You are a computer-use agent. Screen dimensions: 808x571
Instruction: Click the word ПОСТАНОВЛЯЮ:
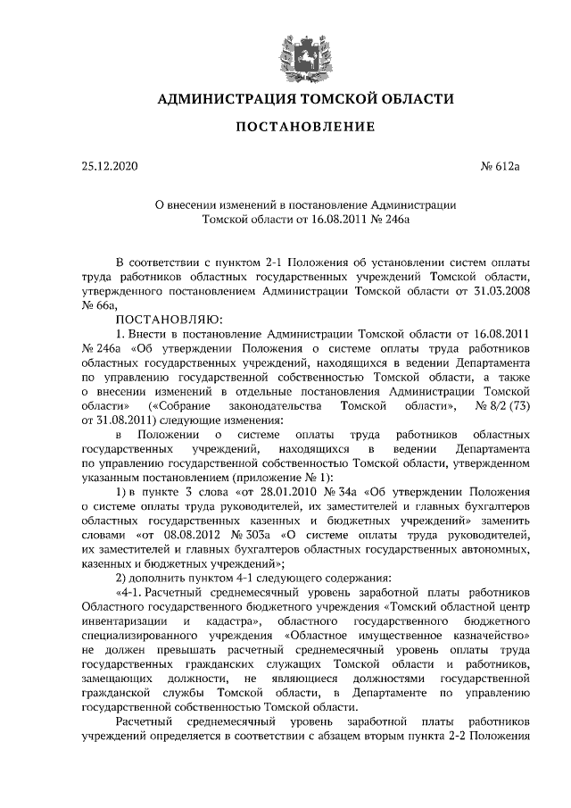pyautogui.click(x=160, y=319)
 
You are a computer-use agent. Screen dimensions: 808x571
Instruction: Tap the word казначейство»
pyautogui.click(x=485, y=637)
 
